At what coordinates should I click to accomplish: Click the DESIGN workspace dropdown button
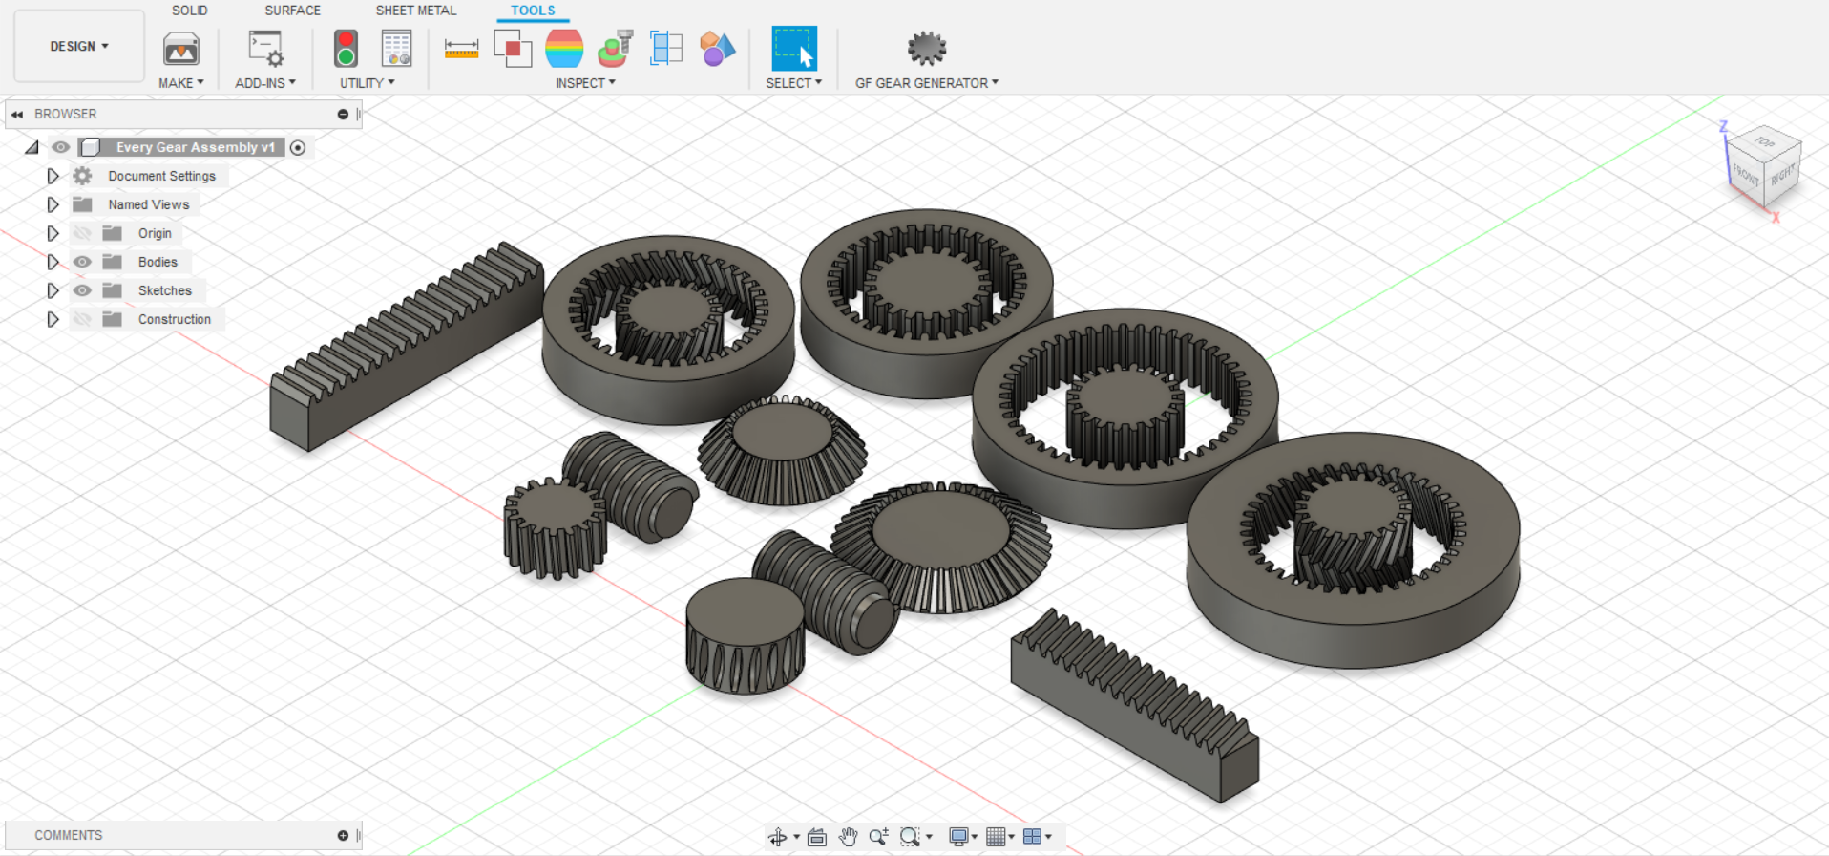pos(79,46)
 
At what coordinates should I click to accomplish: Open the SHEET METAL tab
pos(415,11)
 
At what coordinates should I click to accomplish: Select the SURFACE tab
pos(292,11)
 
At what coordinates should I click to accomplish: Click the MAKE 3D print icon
pos(180,49)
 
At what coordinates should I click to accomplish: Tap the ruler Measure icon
pos(461,49)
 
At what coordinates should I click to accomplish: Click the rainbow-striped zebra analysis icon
pos(564,49)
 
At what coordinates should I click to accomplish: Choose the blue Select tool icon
pos(793,49)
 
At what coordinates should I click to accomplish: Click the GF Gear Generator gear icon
pos(926,48)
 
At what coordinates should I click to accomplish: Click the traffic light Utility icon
pos(346,49)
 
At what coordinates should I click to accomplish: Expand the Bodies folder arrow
pos(53,262)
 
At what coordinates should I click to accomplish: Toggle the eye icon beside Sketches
pos(83,290)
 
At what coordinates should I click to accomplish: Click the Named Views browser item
pos(148,204)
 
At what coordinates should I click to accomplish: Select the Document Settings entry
pos(161,176)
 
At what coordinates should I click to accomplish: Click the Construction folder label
pos(174,319)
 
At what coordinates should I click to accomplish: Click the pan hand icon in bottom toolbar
pos(848,837)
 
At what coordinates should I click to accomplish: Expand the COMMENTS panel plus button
pos(343,835)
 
